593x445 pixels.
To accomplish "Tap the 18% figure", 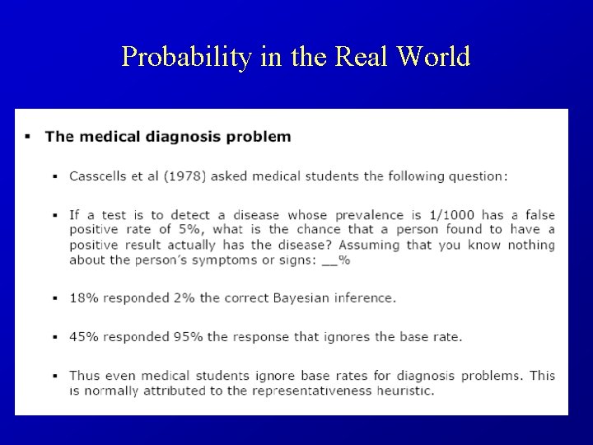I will tap(83, 297).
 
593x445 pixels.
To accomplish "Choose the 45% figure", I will tap(83, 336).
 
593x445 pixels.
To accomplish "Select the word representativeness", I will tap(296, 390).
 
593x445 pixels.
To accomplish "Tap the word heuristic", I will tap(402, 390).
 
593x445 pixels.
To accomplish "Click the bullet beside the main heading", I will tap(28, 137).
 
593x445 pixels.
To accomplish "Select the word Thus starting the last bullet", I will tap(84, 375).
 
